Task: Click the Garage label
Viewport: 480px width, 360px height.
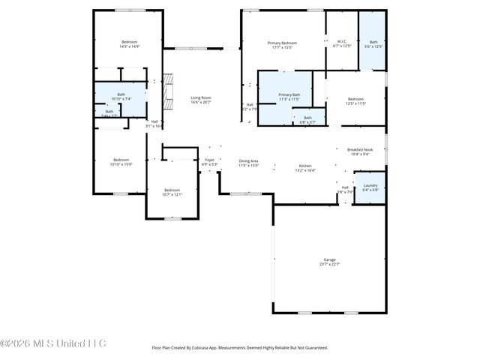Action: click(330, 259)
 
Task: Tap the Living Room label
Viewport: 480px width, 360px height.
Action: click(200, 97)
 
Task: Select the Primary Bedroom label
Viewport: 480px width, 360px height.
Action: click(283, 43)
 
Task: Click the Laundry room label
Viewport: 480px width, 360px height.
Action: click(370, 185)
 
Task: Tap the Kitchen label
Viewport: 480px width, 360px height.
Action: click(305, 166)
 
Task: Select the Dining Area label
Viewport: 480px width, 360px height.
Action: click(248, 160)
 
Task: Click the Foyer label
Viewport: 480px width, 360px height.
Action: click(210, 160)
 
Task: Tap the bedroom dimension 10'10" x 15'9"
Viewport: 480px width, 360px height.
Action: click(121, 163)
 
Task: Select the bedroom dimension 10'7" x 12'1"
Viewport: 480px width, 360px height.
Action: click(172, 194)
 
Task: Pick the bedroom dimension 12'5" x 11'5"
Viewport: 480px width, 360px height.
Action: click(355, 103)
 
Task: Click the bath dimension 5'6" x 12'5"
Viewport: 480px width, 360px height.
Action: click(373, 46)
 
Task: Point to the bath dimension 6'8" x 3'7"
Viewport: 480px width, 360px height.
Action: click(307, 121)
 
